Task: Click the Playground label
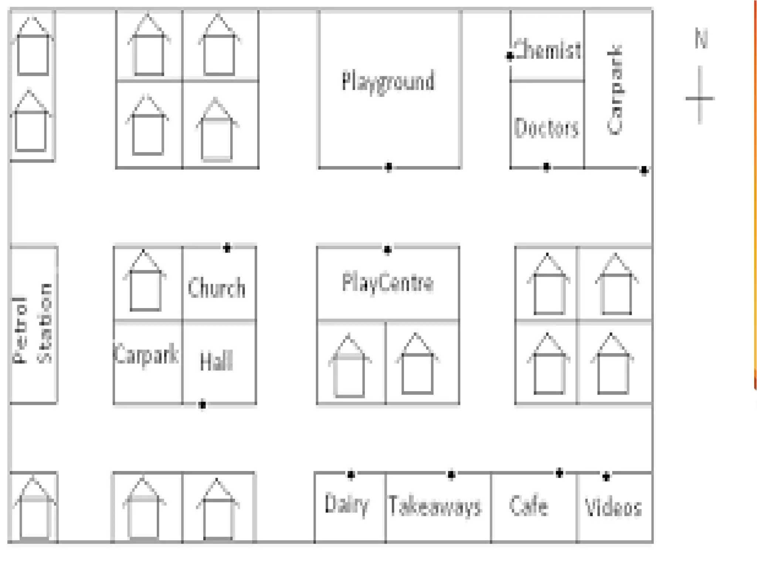[388, 81]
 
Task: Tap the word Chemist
[547, 50]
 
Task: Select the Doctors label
[546, 128]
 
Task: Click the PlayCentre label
[388, 283]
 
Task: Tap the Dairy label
[347, 504]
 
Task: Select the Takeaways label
[435, 506]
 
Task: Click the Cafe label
[529, 506]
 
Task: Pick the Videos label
[613, 507]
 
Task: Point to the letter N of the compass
[701, 38]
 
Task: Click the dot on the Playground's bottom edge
[388, 167]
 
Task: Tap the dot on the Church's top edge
[227, 248]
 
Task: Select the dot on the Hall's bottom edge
[202, 405]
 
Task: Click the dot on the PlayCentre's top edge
[387, 250]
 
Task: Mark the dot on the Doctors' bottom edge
[547, 167]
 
